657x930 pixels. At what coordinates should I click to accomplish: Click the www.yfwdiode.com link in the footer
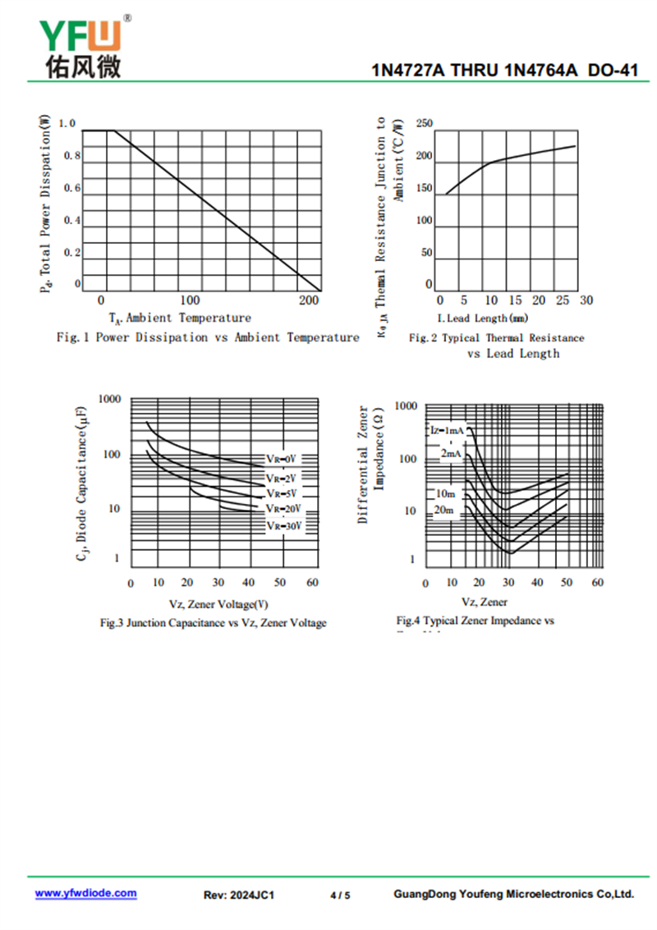coord(85,893)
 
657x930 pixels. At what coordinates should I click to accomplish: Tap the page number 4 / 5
coord(340,895)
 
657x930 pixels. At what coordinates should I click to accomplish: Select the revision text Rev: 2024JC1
coord(238,895)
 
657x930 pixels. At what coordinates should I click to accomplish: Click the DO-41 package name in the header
coord(613,71)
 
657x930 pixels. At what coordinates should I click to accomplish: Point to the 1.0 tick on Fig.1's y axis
coord(67,124)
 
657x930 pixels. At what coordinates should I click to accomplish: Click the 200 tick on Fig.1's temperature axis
coord(310,301)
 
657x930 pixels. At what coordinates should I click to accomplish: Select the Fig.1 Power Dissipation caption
coord(207,337)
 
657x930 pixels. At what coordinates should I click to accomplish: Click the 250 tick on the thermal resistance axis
coord(424,124)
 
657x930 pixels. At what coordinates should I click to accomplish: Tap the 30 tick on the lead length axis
coord(586,301)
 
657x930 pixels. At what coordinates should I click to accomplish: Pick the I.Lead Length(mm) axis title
coord(482,318)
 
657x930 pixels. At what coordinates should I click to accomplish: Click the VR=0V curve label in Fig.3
coord(280,458)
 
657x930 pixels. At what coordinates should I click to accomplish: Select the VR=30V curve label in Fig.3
coord(283,525)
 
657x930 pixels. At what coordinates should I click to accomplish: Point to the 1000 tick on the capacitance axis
coord(109,399)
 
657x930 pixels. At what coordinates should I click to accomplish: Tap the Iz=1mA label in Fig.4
coord(447,430)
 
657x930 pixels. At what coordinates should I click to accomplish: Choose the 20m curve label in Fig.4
coord(444,511)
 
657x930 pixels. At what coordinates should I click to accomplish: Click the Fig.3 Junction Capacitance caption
coord(213,623)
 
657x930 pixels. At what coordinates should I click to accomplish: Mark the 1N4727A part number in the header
coord(408,71)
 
